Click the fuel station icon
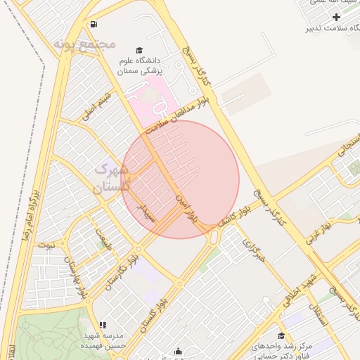coord(94,25)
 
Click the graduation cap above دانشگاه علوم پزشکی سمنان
coord(139,50)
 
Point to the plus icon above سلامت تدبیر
coord(337,16)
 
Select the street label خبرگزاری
coord(253,252)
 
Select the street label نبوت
coord(47,245)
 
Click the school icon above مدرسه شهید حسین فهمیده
coord(103,326)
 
